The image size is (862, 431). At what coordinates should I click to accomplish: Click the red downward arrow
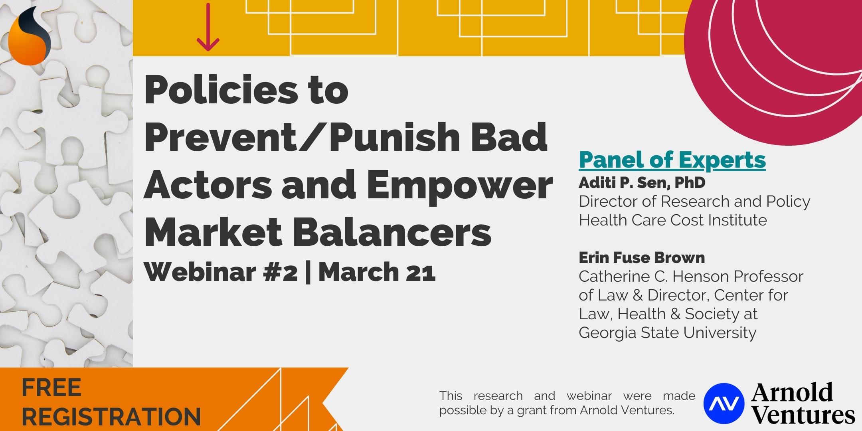(x=208, y=27)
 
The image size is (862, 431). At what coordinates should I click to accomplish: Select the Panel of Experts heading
(x=672, y=160)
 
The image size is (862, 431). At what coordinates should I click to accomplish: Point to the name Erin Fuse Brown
(x=642, y=258)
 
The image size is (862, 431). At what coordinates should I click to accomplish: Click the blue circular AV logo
(x=724, y=403)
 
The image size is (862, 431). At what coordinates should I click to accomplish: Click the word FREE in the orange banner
(x=51, y=388)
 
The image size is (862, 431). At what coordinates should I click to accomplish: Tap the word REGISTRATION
(x=111, y=416)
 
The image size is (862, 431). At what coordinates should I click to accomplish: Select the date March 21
(x=377, y=273)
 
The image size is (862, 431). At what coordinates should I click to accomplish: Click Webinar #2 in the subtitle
(x=221, y=273)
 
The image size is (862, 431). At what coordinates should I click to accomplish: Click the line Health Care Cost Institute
(x=673, y=220)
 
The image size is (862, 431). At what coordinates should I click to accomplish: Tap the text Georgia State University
(x=668, y=332)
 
